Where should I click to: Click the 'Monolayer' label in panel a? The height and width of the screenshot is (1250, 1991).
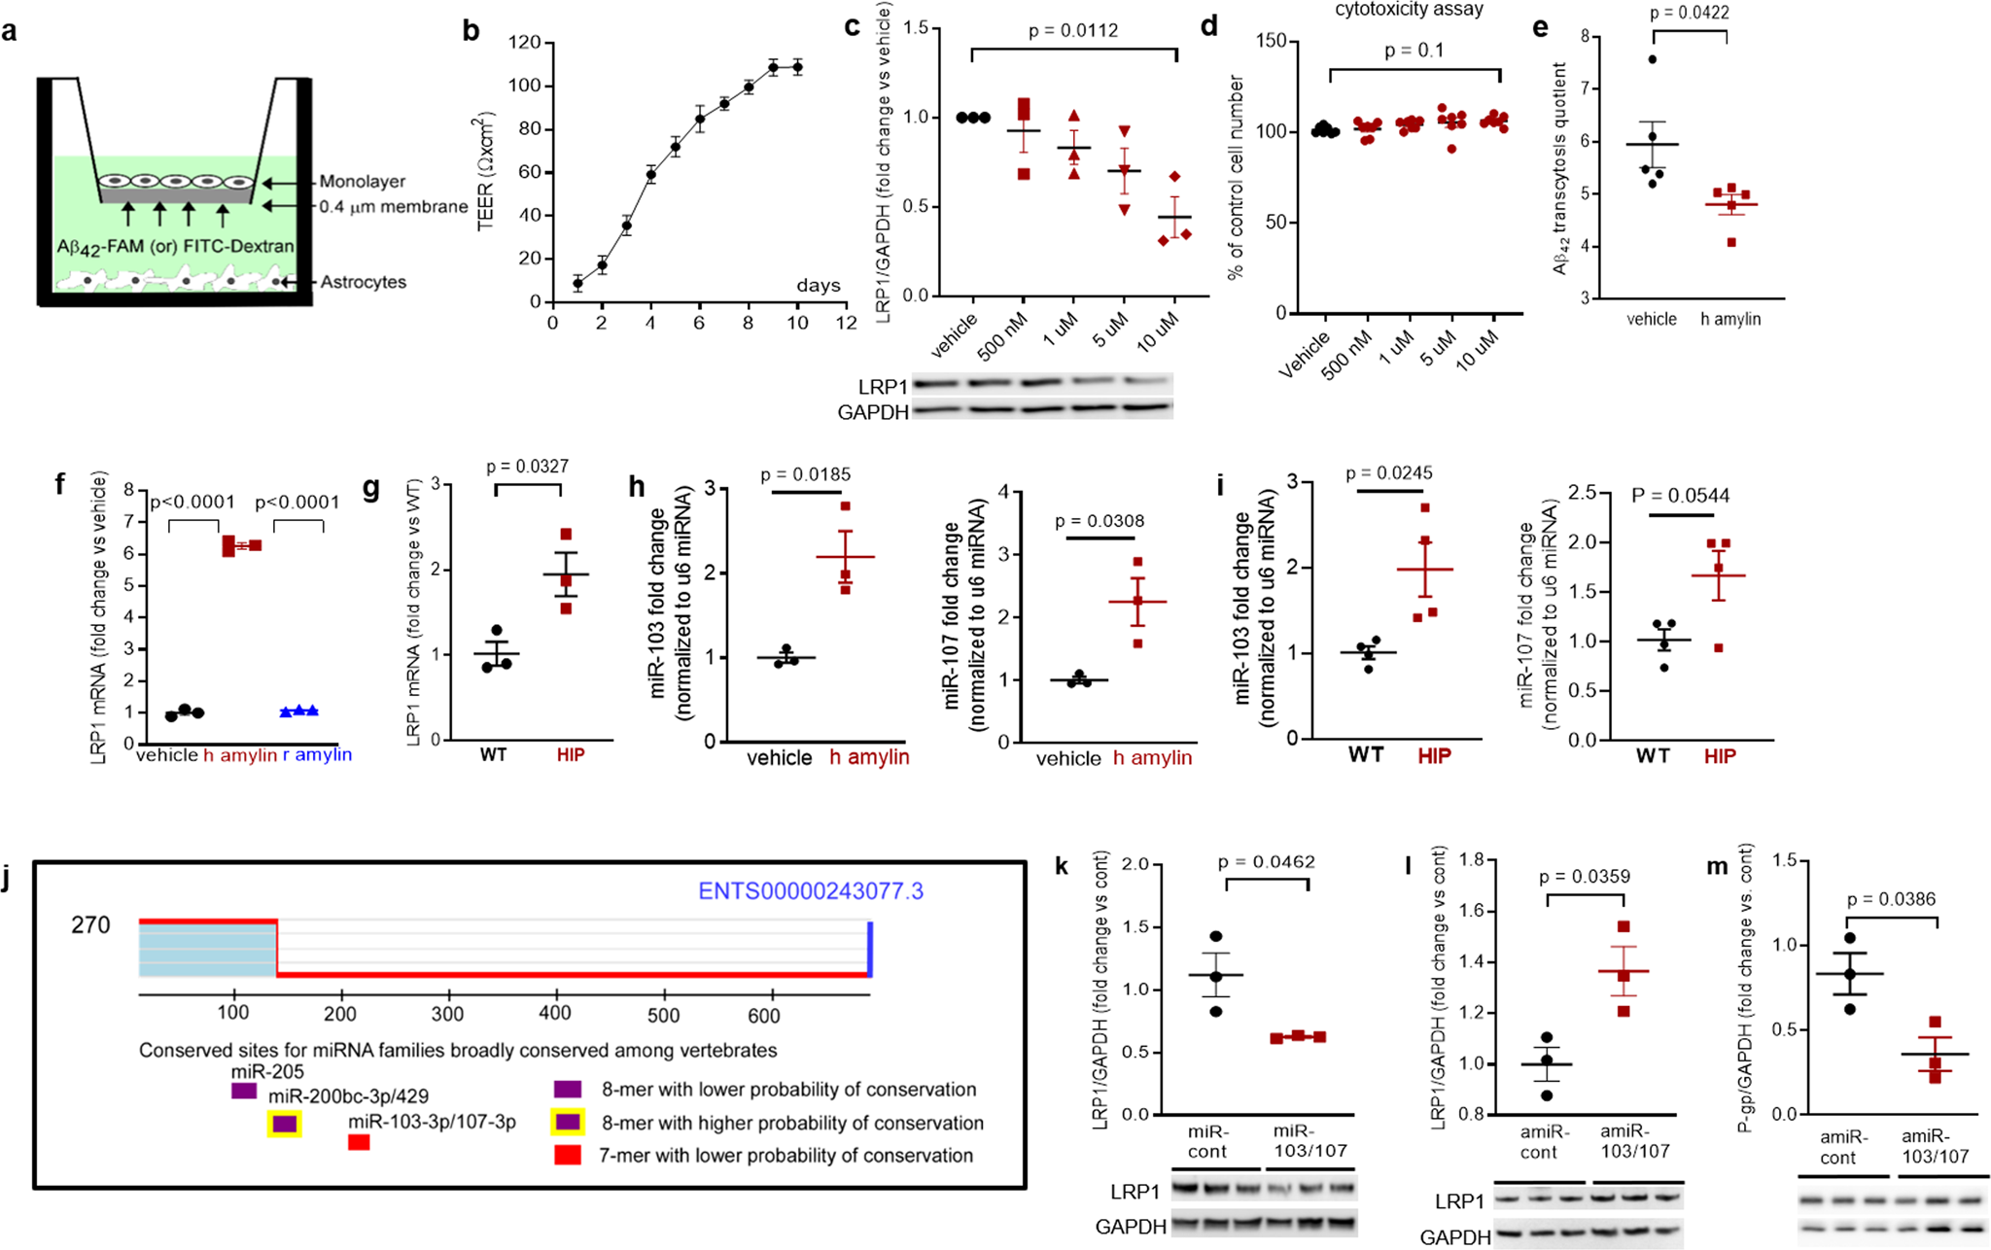point(362,182)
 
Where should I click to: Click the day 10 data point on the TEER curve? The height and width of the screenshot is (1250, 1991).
point(797,67)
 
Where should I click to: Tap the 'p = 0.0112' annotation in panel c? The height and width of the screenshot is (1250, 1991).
point(1072,31)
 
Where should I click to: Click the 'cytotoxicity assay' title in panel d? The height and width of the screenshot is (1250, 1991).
point(1409,10)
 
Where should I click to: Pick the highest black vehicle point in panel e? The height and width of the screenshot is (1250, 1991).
point(1652,59)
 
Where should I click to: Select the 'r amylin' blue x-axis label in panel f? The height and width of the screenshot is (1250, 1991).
point(317,755)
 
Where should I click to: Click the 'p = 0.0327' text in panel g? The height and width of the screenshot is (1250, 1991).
point(528,467)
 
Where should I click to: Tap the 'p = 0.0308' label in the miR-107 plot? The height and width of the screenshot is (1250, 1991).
point(1100,521)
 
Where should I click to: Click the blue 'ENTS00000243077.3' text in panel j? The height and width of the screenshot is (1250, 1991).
point(811,891)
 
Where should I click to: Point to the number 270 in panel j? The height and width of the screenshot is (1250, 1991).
point(91,924)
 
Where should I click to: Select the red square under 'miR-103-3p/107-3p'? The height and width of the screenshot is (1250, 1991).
point(358,1143)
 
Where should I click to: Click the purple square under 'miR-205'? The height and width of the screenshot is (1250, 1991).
point(243,1091)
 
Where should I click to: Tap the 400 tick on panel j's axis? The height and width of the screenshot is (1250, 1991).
point(555,1013)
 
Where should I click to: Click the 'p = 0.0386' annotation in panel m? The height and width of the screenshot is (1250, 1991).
point(1891,900)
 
